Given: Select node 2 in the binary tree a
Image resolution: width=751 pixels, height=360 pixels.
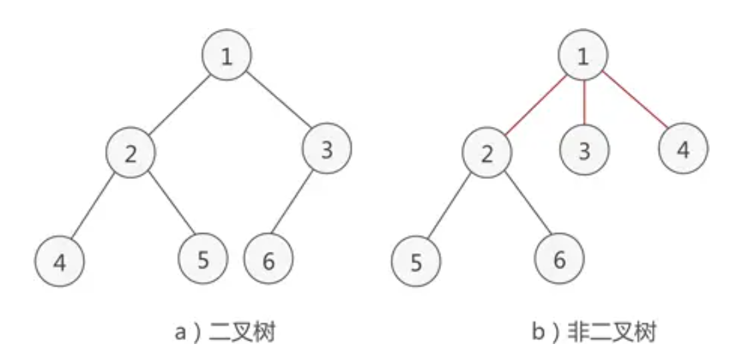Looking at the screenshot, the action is [x=131, y=154].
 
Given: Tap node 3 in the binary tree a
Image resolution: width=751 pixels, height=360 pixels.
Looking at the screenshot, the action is [x=327, y=150].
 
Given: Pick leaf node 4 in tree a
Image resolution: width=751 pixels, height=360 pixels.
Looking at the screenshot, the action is [x=59, y=261].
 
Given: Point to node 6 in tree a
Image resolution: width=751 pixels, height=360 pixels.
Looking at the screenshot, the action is [x=269, y=260].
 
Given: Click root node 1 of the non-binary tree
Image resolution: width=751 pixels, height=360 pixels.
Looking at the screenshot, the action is [x=583, y=57].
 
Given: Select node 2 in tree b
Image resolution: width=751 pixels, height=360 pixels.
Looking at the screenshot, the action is [x=486, y=154].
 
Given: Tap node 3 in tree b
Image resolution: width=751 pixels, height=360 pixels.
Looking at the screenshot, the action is [x=585, y=151].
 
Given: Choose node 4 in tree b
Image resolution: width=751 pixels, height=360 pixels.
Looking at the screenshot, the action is [x=682, y=150].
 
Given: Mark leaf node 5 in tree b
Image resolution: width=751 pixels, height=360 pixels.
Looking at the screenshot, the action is [x=416, y=262].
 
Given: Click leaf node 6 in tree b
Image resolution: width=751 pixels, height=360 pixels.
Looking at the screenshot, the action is [x=559, y=259].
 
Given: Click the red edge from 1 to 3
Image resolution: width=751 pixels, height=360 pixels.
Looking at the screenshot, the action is [x=584, y=104].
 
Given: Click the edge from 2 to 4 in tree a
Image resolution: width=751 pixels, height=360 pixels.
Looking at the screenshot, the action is [x=96, y=207].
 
